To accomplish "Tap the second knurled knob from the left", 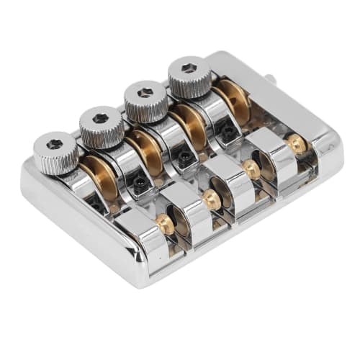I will [102, 127].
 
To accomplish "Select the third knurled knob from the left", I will [145, 101].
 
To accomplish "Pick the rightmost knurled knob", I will [189, 76].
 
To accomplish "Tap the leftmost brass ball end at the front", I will [165, 225].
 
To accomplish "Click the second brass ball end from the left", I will [210, 198].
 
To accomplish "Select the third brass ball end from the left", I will [251, 169].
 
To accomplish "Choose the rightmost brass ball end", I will [297, 143].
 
